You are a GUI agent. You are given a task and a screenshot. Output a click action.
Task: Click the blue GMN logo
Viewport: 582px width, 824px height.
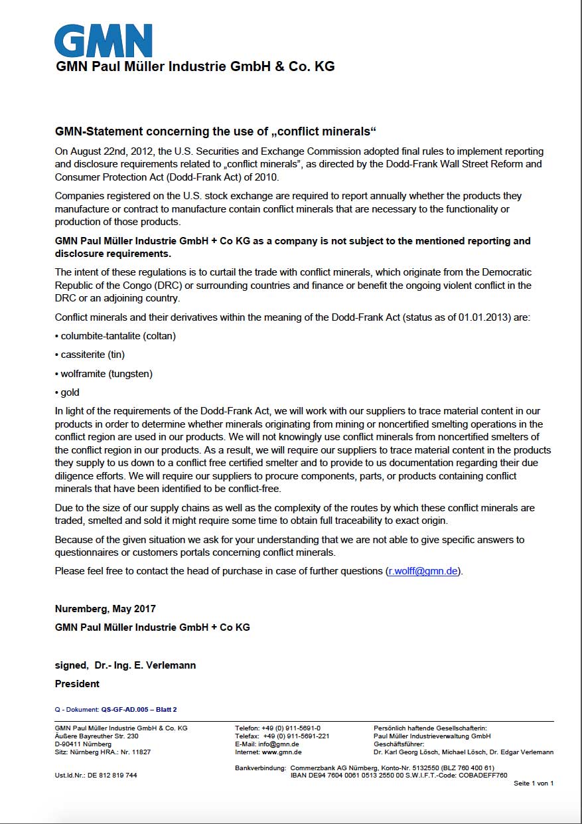click(x=103, y=41)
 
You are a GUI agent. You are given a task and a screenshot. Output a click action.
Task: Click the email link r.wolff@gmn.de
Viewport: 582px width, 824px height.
click(x=423, y=571)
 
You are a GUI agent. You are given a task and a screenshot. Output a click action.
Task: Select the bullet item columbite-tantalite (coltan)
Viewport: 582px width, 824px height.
click(x=115, y=336)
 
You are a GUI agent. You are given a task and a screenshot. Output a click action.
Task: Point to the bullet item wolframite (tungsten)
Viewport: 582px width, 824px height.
click(x=104, y=374)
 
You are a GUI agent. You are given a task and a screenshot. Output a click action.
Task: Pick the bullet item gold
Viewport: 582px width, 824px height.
click(x=68, y=392)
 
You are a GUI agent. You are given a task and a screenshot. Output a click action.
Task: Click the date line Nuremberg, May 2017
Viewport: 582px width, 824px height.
click(x=106, y=608)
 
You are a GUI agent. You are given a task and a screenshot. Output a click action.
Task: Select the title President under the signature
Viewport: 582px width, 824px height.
click(x=77, y=684)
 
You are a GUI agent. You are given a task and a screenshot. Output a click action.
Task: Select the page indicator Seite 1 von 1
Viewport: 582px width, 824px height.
click(x=534, y=783)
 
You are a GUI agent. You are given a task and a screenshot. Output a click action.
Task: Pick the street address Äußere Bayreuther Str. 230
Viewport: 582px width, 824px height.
click(x=97, y=736)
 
